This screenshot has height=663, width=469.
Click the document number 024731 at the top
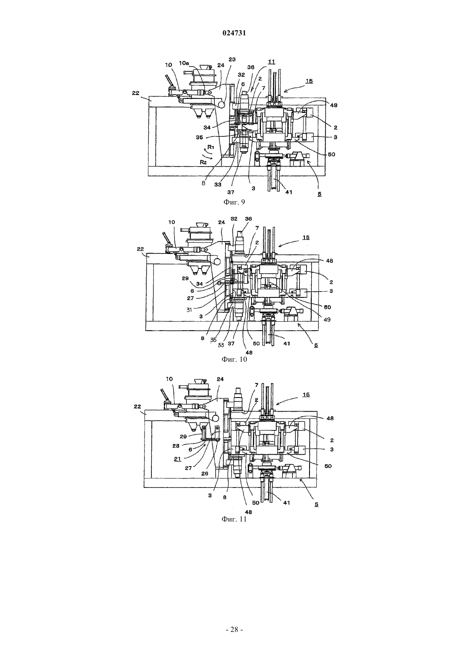234,33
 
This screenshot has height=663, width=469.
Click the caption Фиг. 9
234,202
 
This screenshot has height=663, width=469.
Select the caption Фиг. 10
234,359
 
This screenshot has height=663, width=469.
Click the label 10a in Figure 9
184,63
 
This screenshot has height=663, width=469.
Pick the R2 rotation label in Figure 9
203,162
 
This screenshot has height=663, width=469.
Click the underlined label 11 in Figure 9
271,62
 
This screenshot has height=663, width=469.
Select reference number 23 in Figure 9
232,59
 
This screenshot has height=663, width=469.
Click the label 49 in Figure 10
327,320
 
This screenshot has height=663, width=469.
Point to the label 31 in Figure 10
189,310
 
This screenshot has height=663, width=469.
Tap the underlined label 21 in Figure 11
177,459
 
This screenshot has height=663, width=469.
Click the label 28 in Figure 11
176,446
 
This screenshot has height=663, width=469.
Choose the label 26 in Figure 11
205,473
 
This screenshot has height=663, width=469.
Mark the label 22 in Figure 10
140,249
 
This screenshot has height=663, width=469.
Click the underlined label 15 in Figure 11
306,395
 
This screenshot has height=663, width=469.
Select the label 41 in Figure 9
289,192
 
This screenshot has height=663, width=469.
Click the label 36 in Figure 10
249,219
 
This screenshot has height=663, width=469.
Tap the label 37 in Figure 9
231,192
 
